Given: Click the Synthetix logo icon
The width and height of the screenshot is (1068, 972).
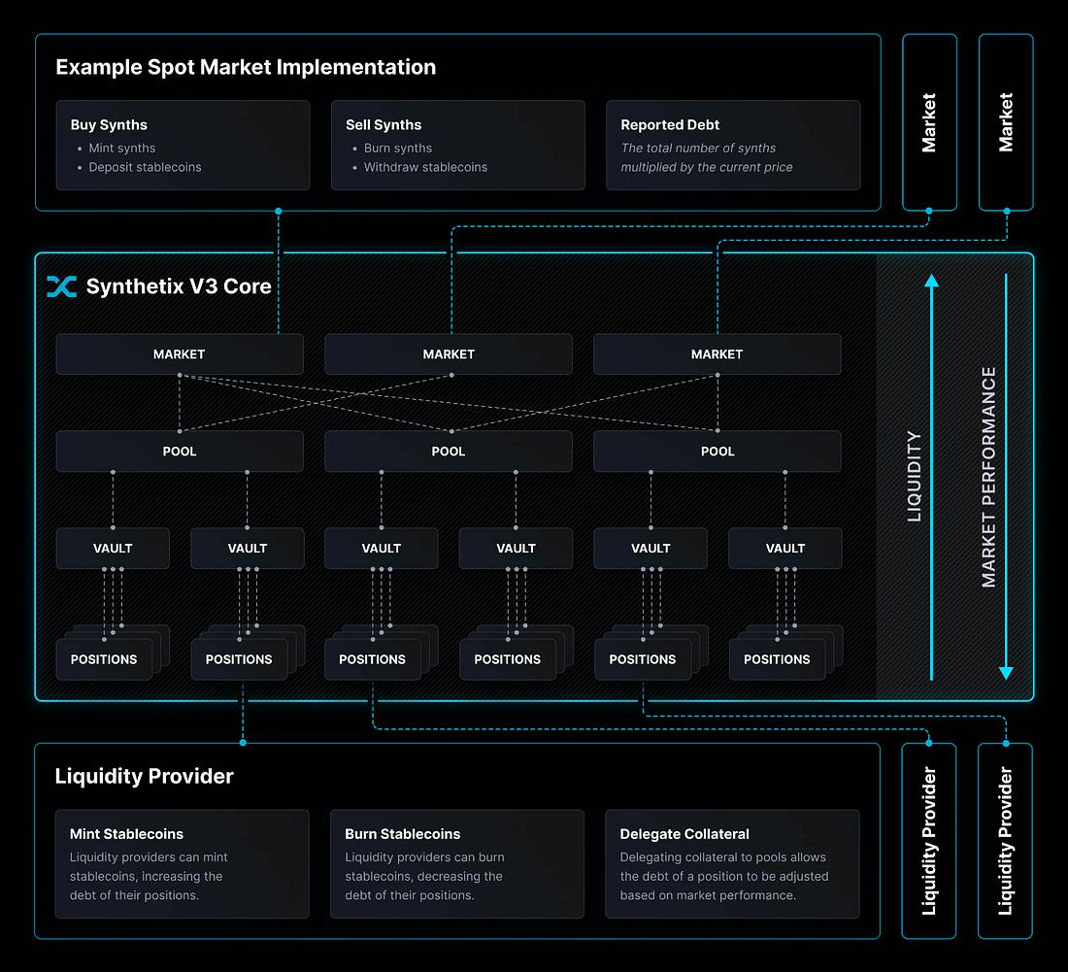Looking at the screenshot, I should click(x=61, y=286).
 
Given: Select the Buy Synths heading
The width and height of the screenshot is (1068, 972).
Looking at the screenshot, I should click(x=109, y=125).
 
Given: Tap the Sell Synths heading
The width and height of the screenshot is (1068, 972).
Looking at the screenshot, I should click(x=384, y=125).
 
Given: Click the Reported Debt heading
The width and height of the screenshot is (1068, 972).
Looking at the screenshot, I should click(x=670, y=125).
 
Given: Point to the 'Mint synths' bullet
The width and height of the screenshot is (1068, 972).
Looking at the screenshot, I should click(x=121, y=149).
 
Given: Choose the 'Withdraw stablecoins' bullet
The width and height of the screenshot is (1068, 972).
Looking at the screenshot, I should click(x=425, y=167).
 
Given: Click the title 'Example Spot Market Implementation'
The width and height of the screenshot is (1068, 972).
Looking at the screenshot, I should click(x=246, y=67).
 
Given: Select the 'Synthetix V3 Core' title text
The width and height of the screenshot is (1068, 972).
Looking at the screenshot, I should click(x=179, y=286).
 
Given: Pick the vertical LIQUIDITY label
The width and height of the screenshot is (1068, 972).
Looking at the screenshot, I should click(x=914, y=477).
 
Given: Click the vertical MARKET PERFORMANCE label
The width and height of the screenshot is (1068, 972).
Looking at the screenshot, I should click(x=988, y=477).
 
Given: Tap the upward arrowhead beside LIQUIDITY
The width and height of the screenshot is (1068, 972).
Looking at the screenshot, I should click(x=931, y=282).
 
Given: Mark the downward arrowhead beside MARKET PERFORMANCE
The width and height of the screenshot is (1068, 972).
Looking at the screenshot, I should click(x=1006, y=672).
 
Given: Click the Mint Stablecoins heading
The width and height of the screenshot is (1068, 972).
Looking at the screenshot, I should click(x=126, y=834).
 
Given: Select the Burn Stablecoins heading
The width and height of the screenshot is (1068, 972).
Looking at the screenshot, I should click(x=402, y=834).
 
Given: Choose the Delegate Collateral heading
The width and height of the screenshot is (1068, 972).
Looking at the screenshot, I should click(x=684, y=834).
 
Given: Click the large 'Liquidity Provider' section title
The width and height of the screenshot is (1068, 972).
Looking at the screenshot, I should click(x=144, y=776).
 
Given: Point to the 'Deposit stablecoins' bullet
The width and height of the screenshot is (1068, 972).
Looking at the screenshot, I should click(x=145, y=167).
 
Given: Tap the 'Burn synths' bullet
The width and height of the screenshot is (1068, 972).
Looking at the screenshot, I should click(x=397, y=149).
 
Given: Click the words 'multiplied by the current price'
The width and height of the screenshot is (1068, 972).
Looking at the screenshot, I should click(x=707, y=167).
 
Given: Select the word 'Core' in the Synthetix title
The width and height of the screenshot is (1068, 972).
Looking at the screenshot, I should click(x=248, y=286).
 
